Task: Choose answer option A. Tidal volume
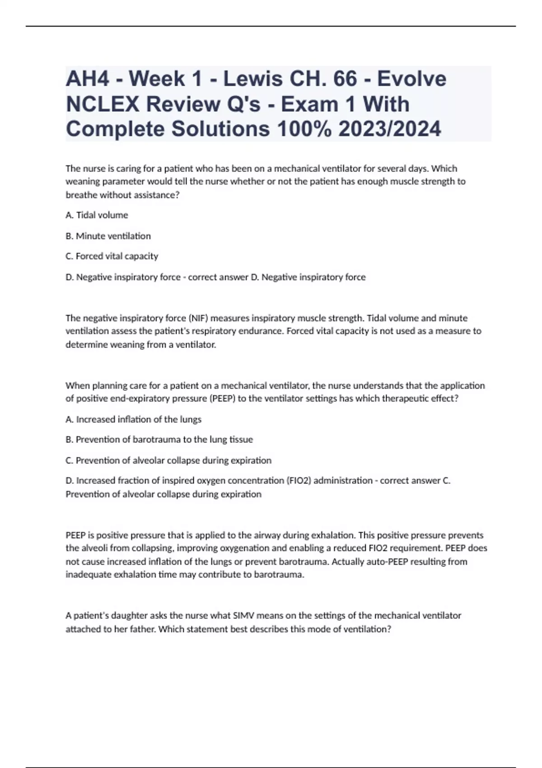(x=97, y=215)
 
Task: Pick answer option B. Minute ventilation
(x=108, y=236)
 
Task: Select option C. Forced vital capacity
(x=112, y=256)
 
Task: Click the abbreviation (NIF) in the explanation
(x=198, y=318)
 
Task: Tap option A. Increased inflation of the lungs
(x=133, y=419)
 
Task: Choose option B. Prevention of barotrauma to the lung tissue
(x=159, y=440)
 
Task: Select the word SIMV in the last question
(x=244, y=615)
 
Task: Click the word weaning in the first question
(x=82, y=182)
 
